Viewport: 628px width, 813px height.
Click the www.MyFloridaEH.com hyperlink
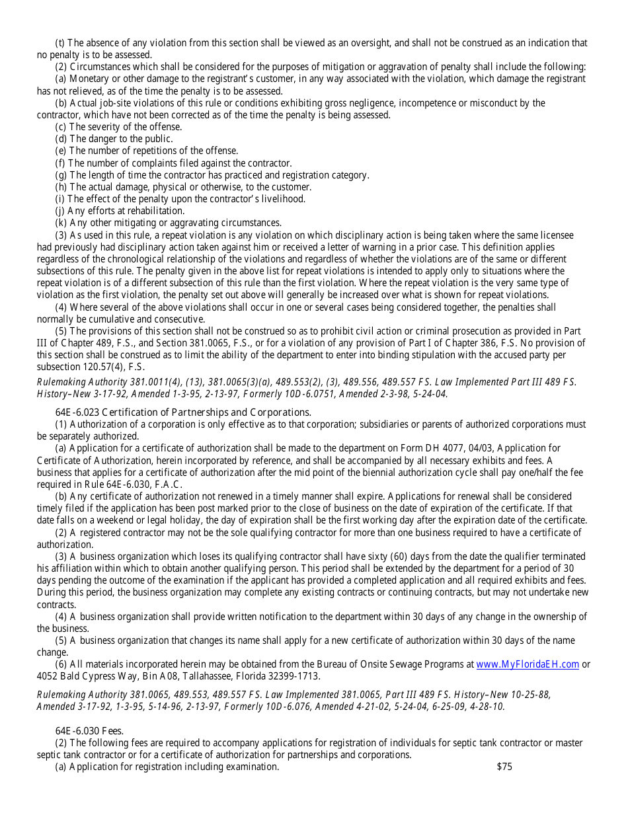click(527, 664)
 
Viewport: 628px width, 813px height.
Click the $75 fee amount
click(504, 767)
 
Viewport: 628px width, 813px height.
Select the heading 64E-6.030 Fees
click(89, 730)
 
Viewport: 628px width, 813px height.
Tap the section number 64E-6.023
click(77, 412)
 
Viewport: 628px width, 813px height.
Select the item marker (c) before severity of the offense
click(61, 127)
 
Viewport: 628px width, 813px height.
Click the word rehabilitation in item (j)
click(151, 211)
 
